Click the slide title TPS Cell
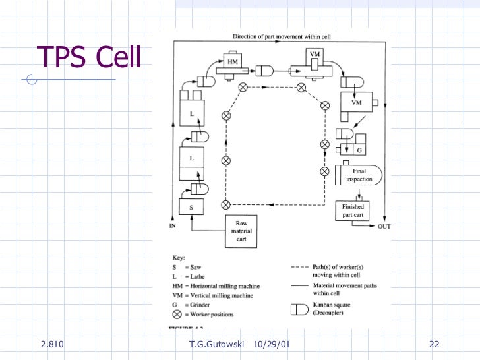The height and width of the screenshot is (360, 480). pos(89,57)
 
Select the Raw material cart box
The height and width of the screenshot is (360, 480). pos(241,231)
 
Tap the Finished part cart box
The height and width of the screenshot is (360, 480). pos(353,211)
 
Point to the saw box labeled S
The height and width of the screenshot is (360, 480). pos(191,207)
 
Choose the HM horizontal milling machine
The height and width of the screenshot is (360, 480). pos(233,61)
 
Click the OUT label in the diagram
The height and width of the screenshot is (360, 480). pos(384,227)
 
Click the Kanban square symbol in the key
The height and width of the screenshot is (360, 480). pos(299,308)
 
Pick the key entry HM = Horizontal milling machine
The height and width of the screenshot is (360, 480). pos(216,286)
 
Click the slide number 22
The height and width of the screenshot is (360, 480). pos(434,344)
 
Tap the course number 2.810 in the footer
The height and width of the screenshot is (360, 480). pos(51,344)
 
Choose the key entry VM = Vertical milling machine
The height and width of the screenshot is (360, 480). pos(213,295)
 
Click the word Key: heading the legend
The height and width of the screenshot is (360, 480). pos(179,258)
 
